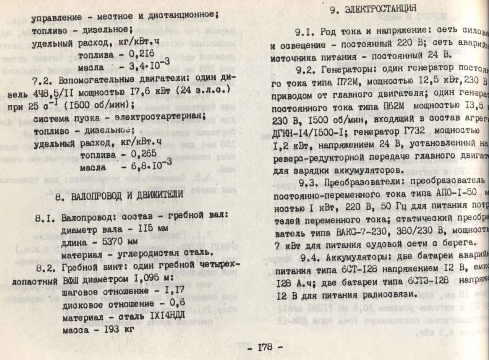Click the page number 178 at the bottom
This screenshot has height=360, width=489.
(x=265, y=347)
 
